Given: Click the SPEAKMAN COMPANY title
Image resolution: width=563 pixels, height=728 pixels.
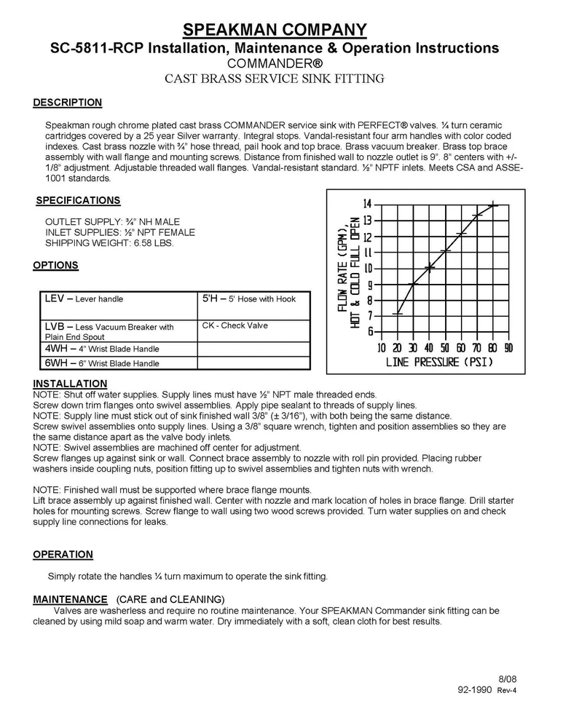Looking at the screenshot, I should pyautogui.click(x=275, y=30).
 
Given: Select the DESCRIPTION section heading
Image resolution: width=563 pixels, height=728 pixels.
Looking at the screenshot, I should pyautogui.click(x=67, y=103).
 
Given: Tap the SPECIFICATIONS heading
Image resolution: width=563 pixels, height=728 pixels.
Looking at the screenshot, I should pyautogui.click(x=78, y=200).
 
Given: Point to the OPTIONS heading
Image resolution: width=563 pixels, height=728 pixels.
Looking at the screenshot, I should pyautogui.click(x=55, y=266).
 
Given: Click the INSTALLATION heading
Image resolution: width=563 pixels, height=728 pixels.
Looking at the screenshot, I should pyautogui.click(x=70, y=384).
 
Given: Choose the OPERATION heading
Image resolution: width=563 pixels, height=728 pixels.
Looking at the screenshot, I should pyautogui.click(x=63, y=555).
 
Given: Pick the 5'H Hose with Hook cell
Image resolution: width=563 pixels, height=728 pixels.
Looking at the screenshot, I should pyautogui.click(x=253, y=299).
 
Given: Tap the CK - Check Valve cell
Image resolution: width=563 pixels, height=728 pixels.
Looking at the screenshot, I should pyautogui.click(x=253, y=326).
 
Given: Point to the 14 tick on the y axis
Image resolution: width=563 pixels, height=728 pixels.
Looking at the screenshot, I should pyautogui.click(x=368, y=204).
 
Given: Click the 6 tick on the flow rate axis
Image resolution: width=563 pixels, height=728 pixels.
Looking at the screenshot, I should pyautogui.click(x=370, y=332).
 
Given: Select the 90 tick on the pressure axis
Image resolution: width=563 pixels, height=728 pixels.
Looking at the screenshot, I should pyautogui.click(x=508, y=347).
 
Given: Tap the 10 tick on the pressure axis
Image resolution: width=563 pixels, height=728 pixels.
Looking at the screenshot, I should pyautogui.click(x=382, y=347).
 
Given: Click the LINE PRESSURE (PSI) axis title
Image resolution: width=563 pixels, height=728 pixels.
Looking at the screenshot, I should pyautogui.click(x=441, y=361).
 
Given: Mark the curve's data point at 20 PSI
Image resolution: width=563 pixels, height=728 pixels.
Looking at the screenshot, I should pyautogui.click(x=398, y=314).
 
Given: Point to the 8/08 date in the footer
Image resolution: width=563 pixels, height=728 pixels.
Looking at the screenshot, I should pyautogui.click(x=507, y=678).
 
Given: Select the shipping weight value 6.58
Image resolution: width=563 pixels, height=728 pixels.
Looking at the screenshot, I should pyautogui.click(x=143, y=243).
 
